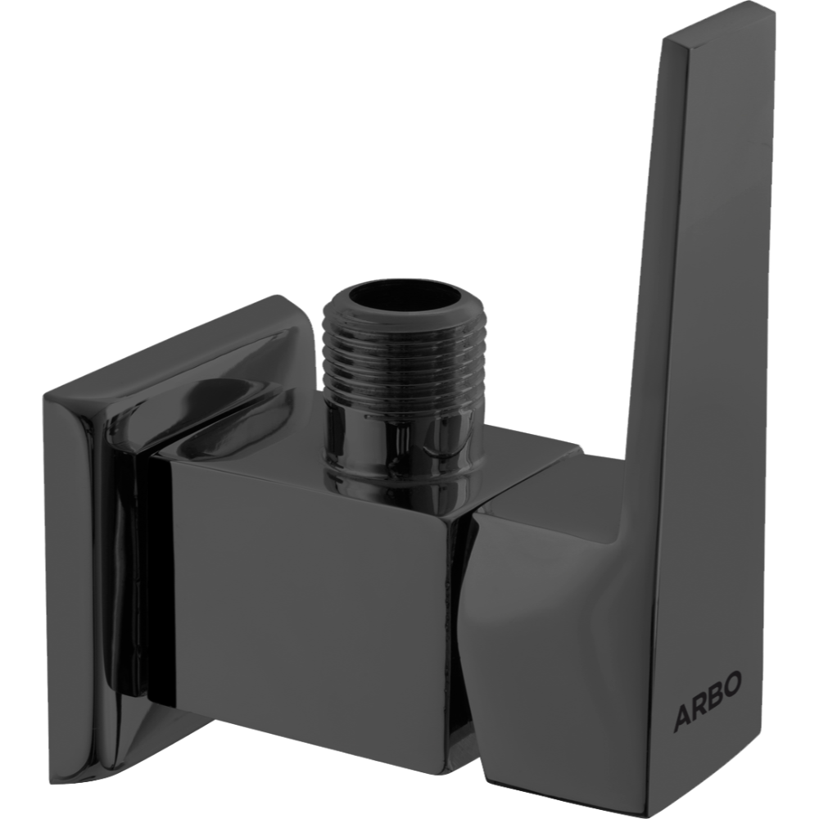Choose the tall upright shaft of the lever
click(672, 287)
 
